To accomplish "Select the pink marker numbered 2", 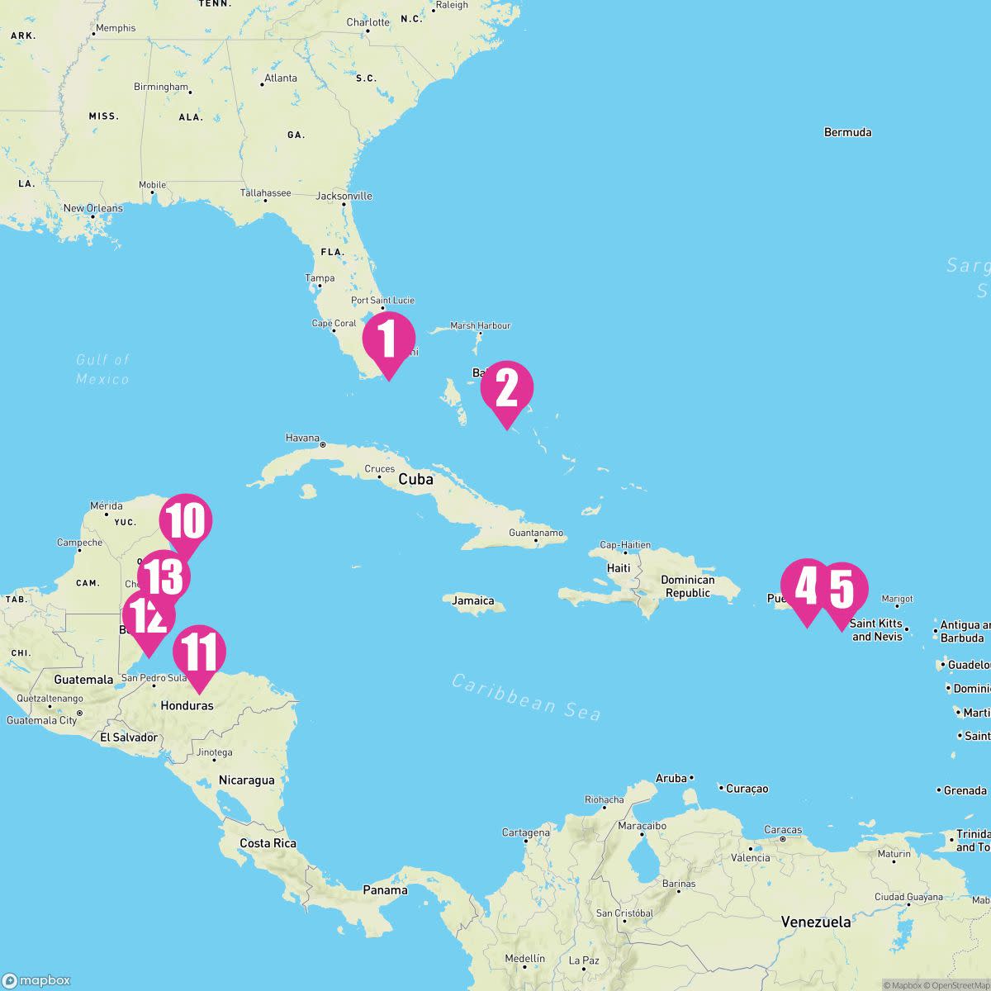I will coord(506,389).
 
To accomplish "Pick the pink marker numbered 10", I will coord(186,521).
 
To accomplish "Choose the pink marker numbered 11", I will coord(199,653).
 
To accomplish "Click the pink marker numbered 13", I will coord(164,577).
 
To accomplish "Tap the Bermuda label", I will coord(847,132).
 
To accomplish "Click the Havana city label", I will coord(302,438).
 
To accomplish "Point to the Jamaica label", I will coord(473,601).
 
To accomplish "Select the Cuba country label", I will coord(415,480).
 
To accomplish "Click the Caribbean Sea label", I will coord(526,696).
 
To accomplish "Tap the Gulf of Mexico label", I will coord(103,369).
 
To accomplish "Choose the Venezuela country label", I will coord(816,922).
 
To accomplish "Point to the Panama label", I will coord(385,890).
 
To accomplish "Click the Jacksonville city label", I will coord(344,197).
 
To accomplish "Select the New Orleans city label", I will coord(93,208).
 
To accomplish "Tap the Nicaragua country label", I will coord(246,780).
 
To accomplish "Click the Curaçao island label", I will coord(747,789).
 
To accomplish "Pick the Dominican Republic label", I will coord(687,586).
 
